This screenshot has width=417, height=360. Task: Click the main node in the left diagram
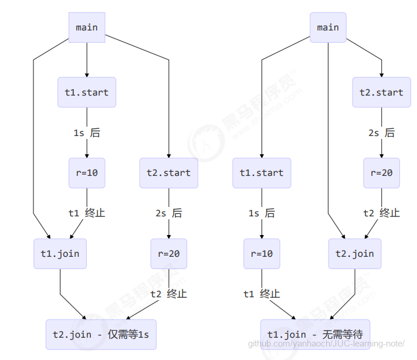click(87, 27)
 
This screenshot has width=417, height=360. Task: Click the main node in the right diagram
click(328, 27)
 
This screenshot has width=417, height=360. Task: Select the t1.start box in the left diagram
click(87, 92)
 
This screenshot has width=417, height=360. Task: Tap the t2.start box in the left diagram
click(169, 173)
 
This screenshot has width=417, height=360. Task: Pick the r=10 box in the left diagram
click(87, 173)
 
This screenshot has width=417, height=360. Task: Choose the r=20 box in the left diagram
click(169, 253)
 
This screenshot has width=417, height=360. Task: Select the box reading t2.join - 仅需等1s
click(101, 334)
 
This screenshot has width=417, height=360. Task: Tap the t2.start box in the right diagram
click(381, 92)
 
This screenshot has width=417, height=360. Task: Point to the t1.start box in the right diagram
click(262, 173)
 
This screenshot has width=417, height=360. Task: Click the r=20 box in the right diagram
click(381, 173)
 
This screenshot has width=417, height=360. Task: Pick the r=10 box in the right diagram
click(262, 253)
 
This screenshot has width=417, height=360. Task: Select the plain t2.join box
click(355, 254)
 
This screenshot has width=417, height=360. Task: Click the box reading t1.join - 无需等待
click(315, 334)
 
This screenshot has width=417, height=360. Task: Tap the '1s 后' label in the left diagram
click(87, 133)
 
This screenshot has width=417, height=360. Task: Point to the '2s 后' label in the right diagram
click(381, 133)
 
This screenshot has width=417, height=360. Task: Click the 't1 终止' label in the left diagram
click(87, 213)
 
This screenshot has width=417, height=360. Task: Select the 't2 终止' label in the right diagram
click(381, 213)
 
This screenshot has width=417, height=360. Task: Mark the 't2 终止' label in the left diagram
click(169, 294)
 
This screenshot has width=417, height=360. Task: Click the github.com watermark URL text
click(326, 344)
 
